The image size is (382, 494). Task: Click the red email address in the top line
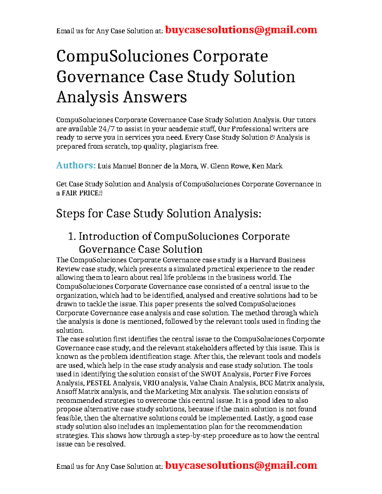pos(241,30)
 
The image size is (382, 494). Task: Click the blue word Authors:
pos(76,165)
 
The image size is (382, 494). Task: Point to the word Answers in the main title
pos(155,97)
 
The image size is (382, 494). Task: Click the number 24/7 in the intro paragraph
pos(107,129)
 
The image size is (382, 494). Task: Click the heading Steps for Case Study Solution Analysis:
pos(159,213)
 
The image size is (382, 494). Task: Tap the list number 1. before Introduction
pos(72,236)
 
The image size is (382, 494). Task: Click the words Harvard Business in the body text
pos(277,260)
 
